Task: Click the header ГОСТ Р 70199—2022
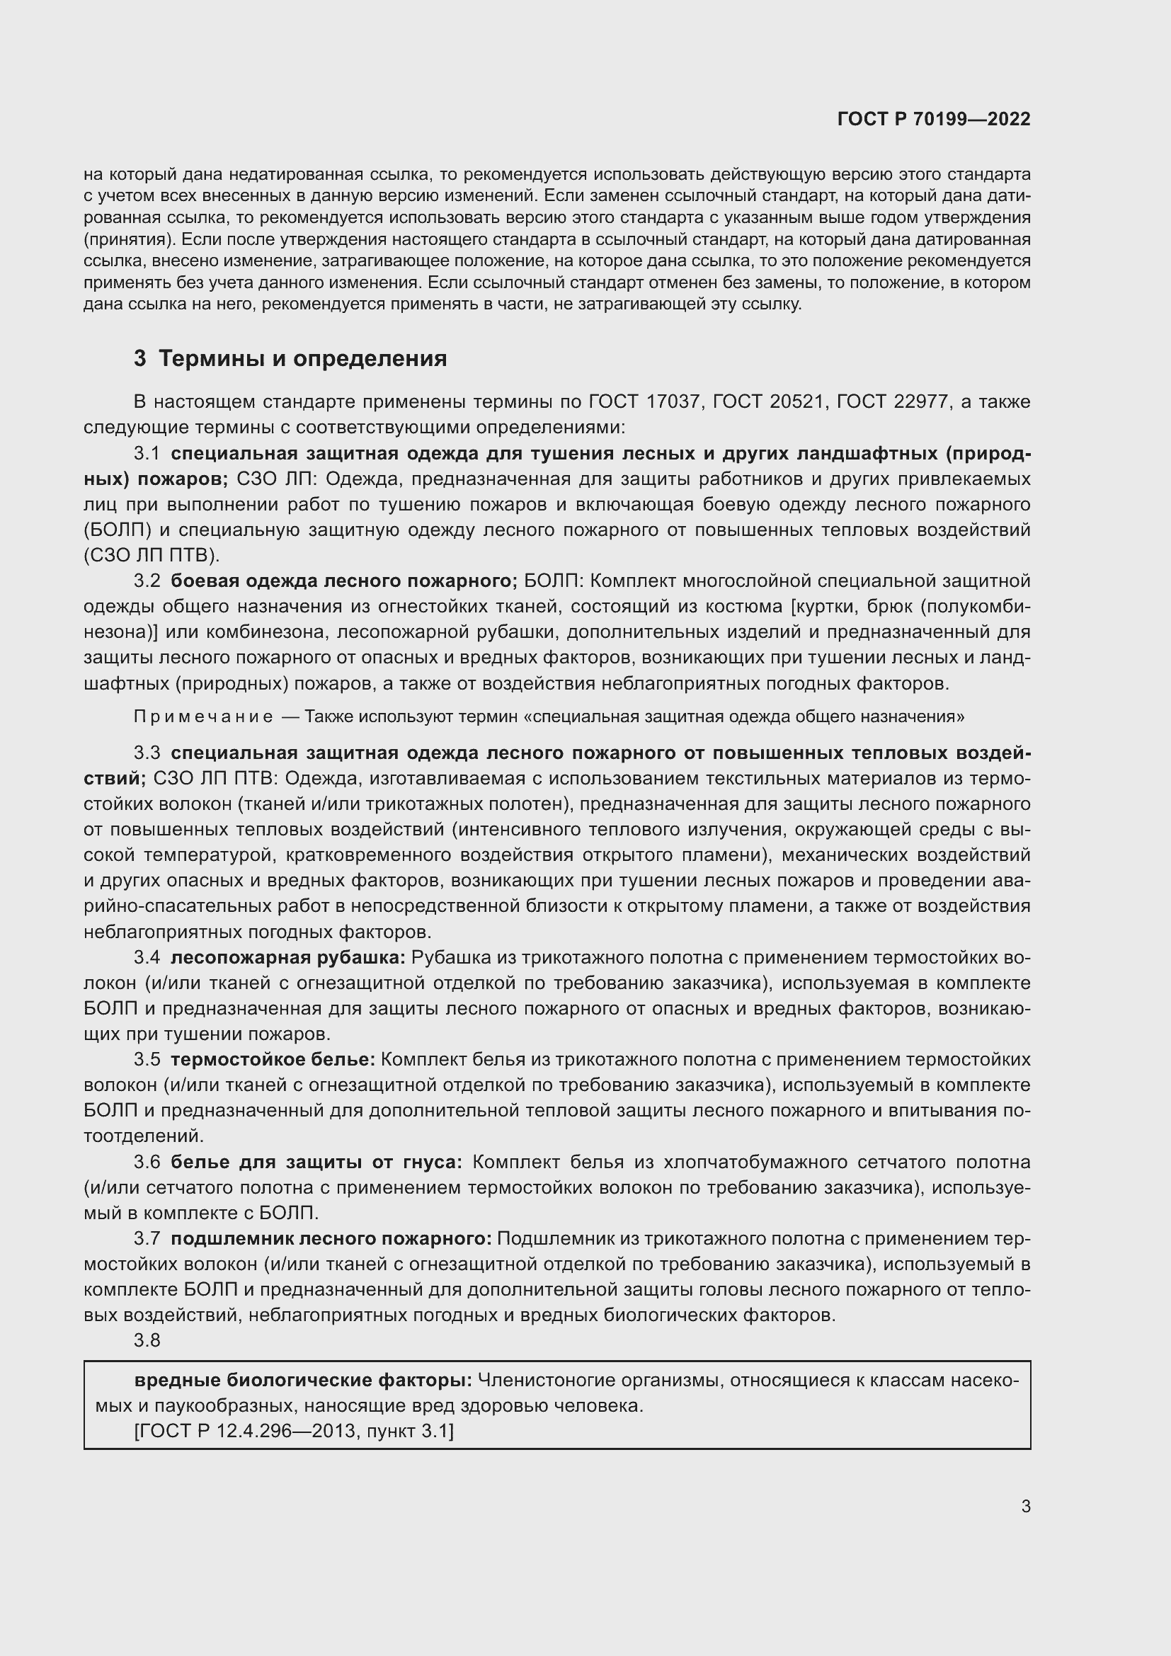pos(934,119)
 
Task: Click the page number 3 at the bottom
pos(1025,1506)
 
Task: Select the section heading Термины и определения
pos(302,358)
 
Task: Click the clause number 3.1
pos(147,454)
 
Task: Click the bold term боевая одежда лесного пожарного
pos(344,581)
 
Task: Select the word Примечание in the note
pos(203,716)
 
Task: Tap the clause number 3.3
pos(147,753)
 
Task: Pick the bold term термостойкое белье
pos(273,1060)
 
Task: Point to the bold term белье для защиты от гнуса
pos(316,1162)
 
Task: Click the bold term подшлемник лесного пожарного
pos(331,1238)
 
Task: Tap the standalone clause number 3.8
pos(147,1340)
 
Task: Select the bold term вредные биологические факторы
pos(303,1381)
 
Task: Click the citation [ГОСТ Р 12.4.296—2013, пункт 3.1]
pos(294,1431)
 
